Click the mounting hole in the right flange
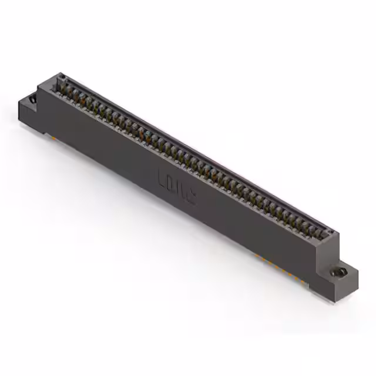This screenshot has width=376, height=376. point(340,273)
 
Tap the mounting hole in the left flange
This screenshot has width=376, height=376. point(32,100)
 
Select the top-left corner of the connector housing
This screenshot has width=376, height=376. point(59,73)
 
